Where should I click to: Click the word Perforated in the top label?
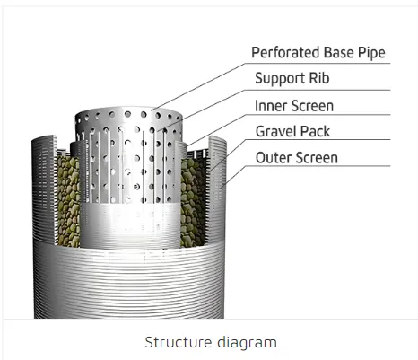(x=285, y=53)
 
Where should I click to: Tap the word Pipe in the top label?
(x=371, y=53)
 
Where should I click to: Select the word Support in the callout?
(x=280, y=79)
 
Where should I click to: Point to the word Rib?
(x=319, y=78)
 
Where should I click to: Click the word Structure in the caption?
(x=179, y=342)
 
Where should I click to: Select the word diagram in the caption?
(x=247, y=343)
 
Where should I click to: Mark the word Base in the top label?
(x=339, y=53)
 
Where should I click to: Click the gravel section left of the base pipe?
(x=68, y=201)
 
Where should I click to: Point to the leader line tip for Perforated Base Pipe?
(x=152, y=110)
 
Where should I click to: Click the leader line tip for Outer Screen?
(x=222, y=188)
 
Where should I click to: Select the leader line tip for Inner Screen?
(x=187, y=146)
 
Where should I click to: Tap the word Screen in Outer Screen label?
(x=316, y=158)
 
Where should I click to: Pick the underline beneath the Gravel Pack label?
(x=318, y=139)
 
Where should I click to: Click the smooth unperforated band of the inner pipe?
(x=130, y=225)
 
